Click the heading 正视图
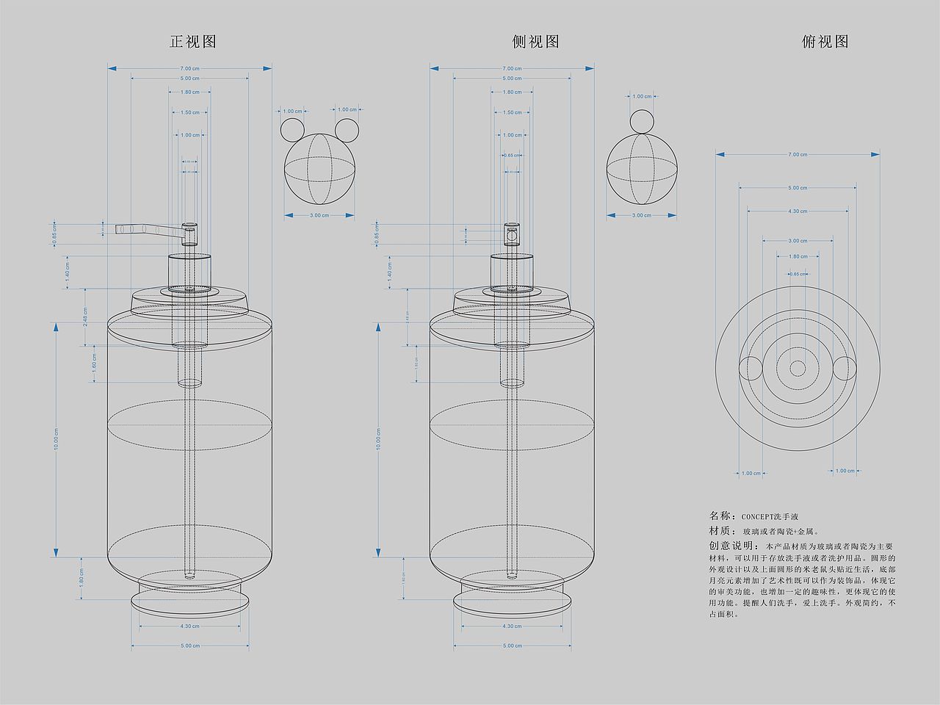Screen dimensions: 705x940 tap(192, 42)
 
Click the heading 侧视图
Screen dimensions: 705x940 tap(535, 42)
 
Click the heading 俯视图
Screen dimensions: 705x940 tap(825, 42)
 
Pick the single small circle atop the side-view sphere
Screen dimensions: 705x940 tap(641, 120)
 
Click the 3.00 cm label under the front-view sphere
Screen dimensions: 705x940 tap(319, 215)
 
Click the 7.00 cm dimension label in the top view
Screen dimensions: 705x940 tap(798, 154)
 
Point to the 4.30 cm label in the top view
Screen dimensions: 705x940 tap(798, 211)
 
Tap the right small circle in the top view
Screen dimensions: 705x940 tap(845, 367)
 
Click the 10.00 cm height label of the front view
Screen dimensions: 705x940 tap(56, 439)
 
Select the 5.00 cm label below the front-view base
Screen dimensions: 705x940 tap(189, 646)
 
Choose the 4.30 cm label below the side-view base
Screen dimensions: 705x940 tap(512, 626)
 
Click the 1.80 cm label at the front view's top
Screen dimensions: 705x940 tap(189, 92)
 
